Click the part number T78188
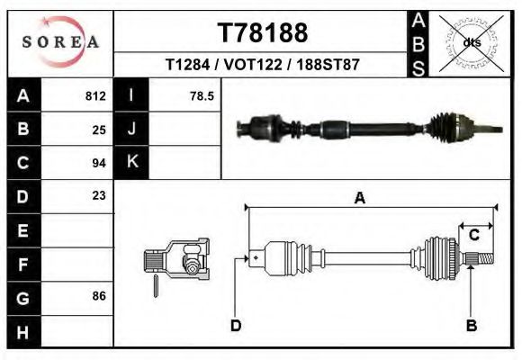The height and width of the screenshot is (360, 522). tap(263, 33)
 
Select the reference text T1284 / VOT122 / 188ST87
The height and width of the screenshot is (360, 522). tap(263, 66)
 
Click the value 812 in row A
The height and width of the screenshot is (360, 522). tap(95, 95)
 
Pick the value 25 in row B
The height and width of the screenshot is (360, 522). tap(99, 129)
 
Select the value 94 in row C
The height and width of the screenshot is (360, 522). tap(99, 163)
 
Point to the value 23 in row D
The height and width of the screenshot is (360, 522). tap(99, 195)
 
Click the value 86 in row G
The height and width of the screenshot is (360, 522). tap(99, 295)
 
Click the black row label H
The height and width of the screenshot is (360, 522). tap(23, 330)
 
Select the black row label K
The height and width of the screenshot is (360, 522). tap(131, 162)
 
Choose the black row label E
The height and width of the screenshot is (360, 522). tap(23, 230)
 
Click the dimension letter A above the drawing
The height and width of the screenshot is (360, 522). tap(359, 199)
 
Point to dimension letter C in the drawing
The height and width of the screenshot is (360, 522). tap(473, 235)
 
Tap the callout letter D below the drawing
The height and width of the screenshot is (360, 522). tap(236, 325)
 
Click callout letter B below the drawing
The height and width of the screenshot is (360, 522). tap(471, 325)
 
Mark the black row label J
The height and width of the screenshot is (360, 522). tap(131, 129)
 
